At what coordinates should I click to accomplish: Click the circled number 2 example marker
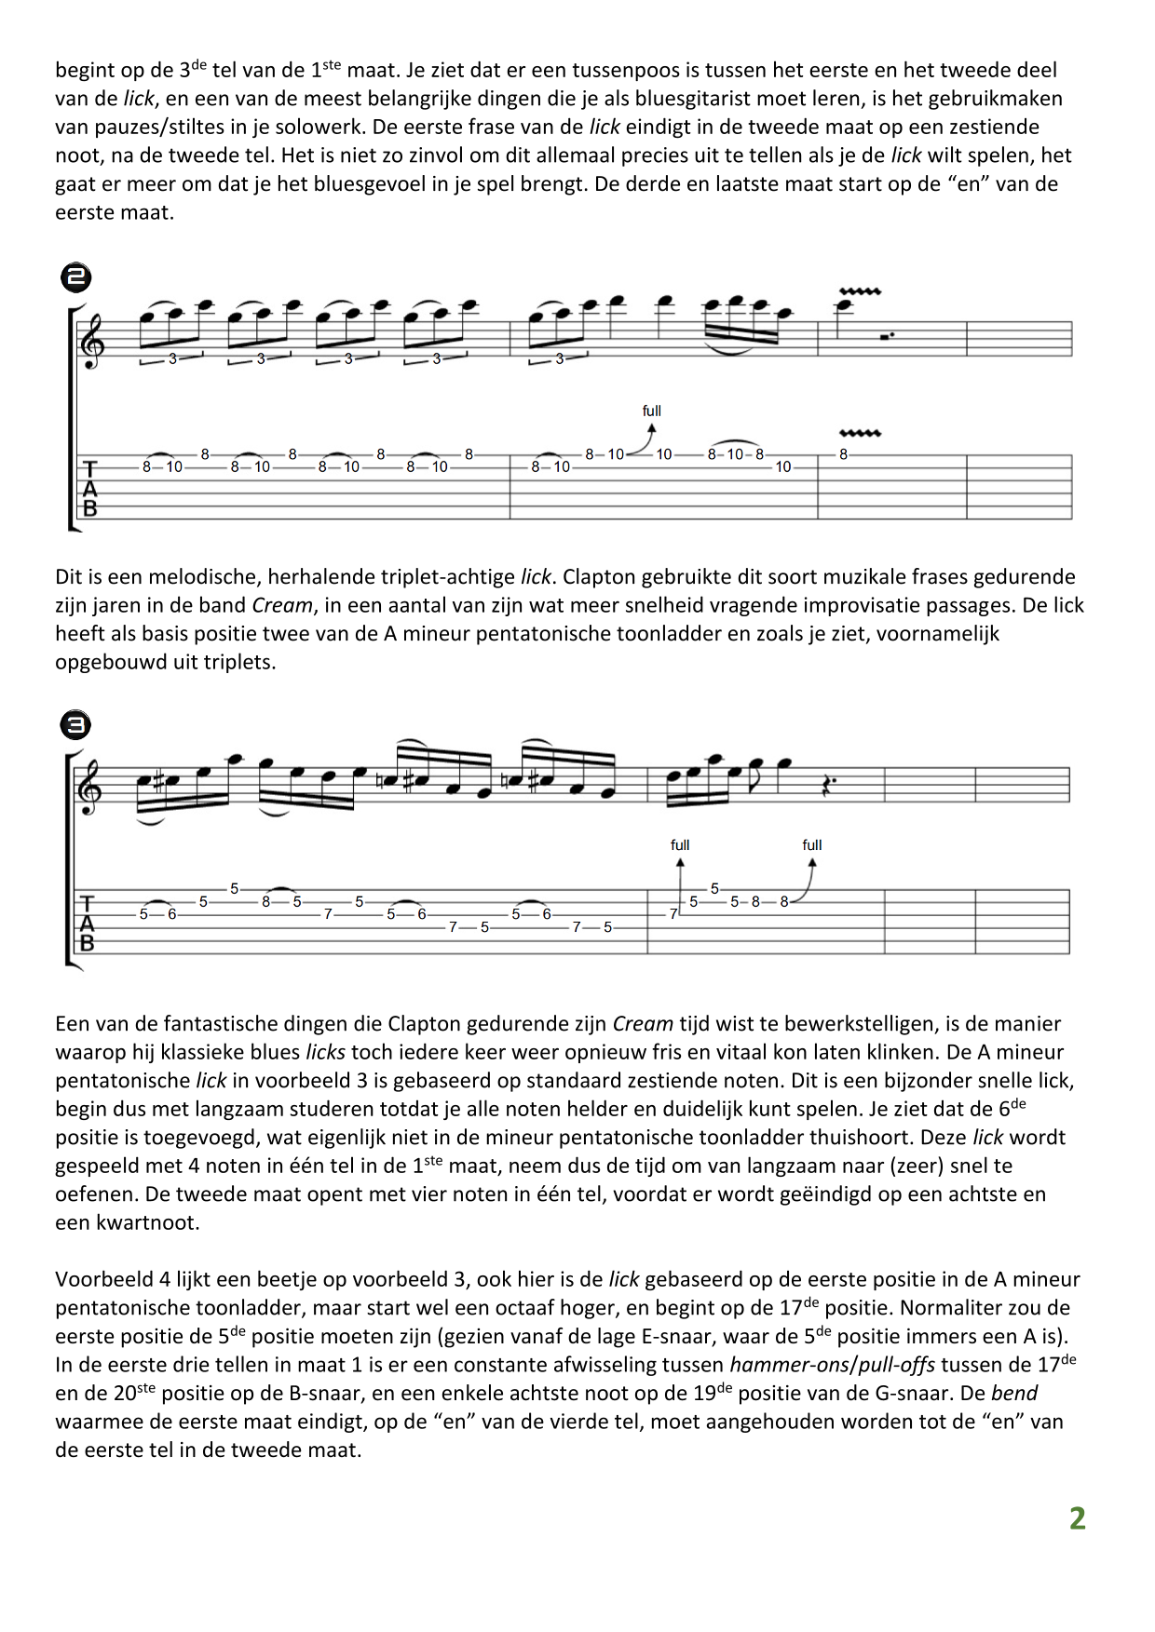click(x=75, y=276)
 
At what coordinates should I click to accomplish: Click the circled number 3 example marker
click(x=75, y=724)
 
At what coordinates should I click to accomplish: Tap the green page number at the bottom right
click(x=1077, y=1518)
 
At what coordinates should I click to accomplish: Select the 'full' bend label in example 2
click(x=651, y=411)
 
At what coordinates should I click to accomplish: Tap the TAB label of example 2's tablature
click(x=90, y=488)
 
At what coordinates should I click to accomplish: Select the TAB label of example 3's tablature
click(x=88, y=923)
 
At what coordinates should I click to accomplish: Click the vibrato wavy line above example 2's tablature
click(x=860, y=433)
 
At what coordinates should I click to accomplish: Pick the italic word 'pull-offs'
click(x=897, y=1365)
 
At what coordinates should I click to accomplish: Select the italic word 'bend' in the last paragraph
click(x=1014, y=1394)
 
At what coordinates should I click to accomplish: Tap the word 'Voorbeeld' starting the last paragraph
click(x=98, y=1279)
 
